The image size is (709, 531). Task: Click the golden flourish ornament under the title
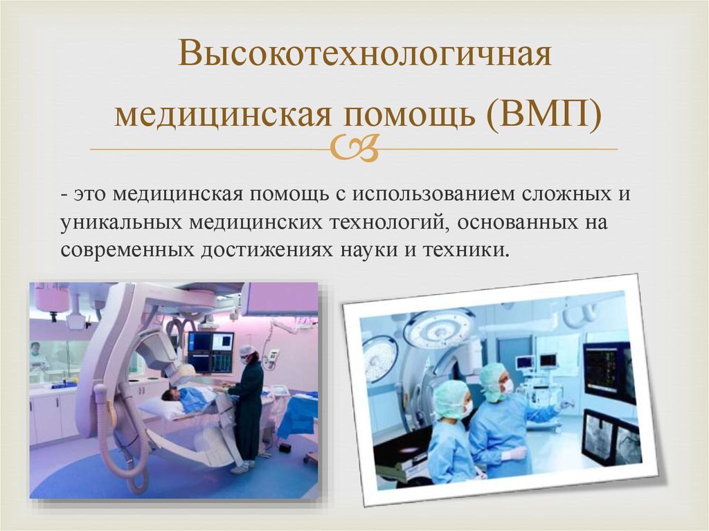354,148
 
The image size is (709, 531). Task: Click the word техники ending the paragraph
465,250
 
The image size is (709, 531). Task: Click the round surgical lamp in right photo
438,328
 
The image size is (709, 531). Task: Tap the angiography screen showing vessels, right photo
611,436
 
